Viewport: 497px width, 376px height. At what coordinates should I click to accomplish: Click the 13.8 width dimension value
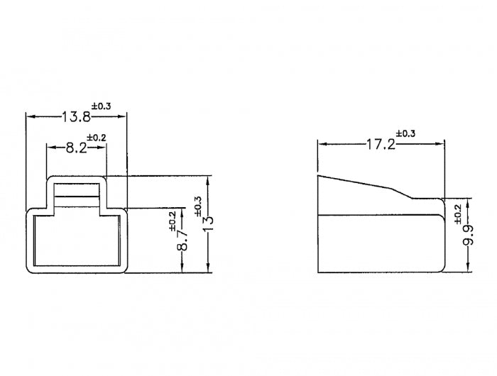click(x=76, y=117)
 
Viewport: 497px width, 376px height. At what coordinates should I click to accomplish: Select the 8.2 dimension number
click(x=76, y=148)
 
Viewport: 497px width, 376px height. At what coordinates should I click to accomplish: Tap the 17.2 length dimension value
click(x=381, y=145)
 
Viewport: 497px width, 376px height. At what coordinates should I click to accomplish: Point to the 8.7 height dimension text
click(x=183, y=240)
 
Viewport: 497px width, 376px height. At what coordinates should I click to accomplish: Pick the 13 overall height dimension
click(x=209, y=224)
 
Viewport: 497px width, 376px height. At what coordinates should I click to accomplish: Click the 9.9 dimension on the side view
click(x=468, y=235)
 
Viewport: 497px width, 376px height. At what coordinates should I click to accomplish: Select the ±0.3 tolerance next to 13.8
click(x=102, y=106)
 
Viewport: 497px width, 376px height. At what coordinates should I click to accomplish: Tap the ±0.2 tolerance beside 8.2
click(x=97, y=138)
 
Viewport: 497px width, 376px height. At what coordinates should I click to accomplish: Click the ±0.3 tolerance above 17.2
click(x=405, y=133)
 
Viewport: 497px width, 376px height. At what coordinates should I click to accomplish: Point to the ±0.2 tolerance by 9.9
click(x=459, y=214)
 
